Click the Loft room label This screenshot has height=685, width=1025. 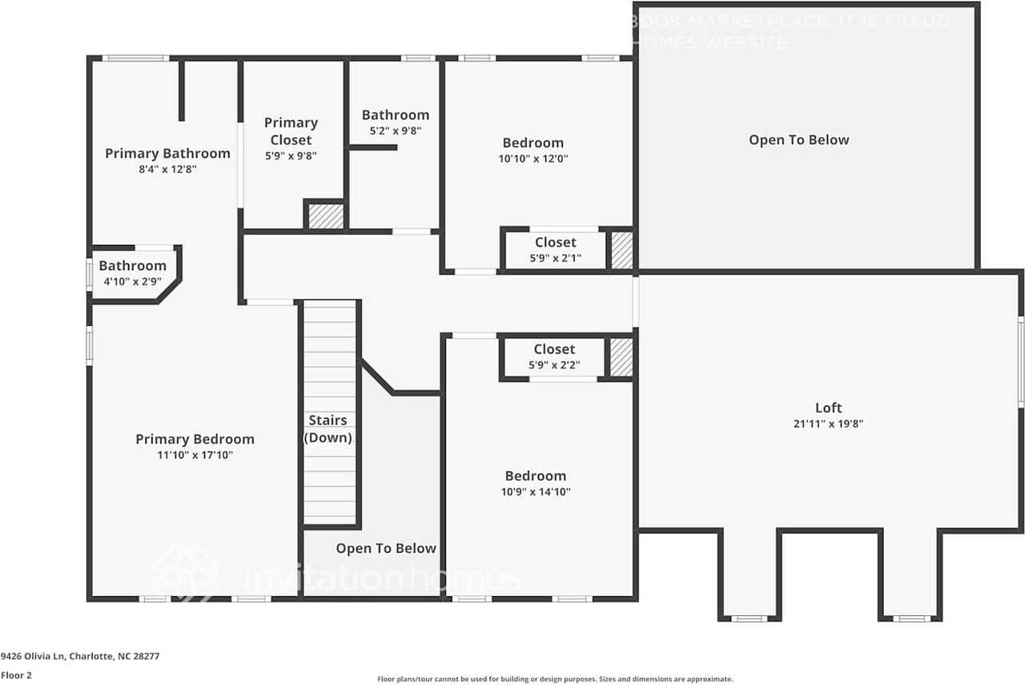(828, 408)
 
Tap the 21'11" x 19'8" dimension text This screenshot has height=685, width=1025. (828, 424)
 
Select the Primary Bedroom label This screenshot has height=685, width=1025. (195, 439)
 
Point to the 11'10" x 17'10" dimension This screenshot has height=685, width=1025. (195, 455)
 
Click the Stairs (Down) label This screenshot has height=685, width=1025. (328, 429)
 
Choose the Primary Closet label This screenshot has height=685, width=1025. (291, 131)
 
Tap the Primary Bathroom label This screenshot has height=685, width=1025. (167, 153)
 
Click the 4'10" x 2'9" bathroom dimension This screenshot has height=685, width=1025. (132, 281)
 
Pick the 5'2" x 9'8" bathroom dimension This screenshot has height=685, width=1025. (395, 131)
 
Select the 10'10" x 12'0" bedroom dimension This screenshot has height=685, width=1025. (533, 159)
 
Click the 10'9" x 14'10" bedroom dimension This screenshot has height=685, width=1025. (535, 492)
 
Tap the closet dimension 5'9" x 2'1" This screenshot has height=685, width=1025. (555, 258)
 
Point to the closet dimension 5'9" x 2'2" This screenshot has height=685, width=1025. (554, 365)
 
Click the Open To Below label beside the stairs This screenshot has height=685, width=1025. (386, 549)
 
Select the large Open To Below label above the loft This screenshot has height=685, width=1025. (798, 140)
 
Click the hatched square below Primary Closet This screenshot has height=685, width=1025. (326, 216)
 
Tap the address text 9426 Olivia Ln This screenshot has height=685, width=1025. (80, 656)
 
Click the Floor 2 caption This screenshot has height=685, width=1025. (16, 675)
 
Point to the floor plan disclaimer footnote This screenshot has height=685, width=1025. (555, 679)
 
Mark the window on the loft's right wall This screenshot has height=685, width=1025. (1021, 361)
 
